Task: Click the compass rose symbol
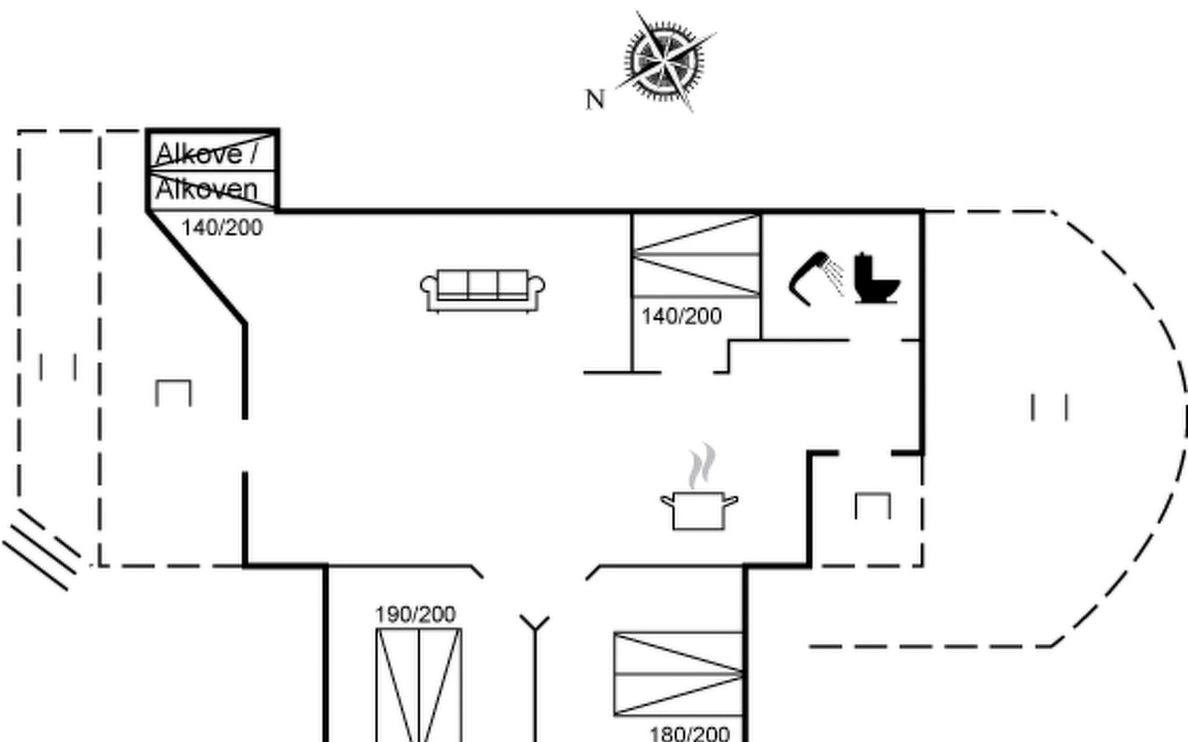pos(665,61)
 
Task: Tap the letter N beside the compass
pos(595,100)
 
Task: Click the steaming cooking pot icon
pos(699,487)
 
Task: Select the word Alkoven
pos(206,189)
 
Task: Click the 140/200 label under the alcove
pos(222,228)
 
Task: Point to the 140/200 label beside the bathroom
pos(681,317)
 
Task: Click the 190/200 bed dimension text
pos(416,615)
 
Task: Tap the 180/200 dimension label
pos(689,734)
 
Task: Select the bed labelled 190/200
pos(419,685)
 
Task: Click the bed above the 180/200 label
pos(679,674)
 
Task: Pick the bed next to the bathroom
pos(697,255)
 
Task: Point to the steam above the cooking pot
pos(702,466)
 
